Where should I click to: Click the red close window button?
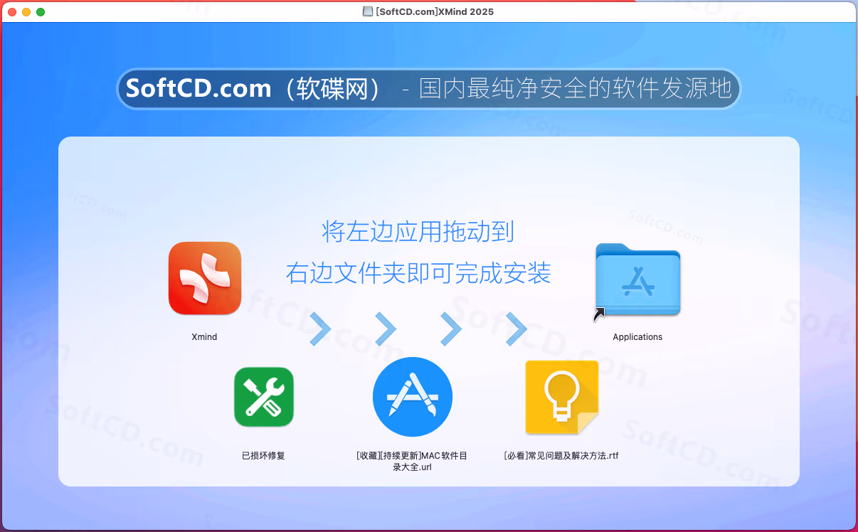[x=12, y=12]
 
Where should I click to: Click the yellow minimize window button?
[x=26, y=12]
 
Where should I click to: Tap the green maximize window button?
[x=41, y=12]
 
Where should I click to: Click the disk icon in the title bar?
[x=368, y=11]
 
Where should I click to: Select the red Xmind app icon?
[x=205, y=278]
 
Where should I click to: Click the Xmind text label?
[x=204, y=336]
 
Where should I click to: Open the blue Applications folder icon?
[x=637, y=280]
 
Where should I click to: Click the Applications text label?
[x=637, y=336]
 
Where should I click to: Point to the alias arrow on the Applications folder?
[x=599, y=314]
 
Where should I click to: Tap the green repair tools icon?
[x=264, y=397]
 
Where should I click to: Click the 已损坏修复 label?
[x=263, y=455]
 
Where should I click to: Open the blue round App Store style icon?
[x=413, y=397]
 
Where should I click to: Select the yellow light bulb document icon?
[x=562, y=397]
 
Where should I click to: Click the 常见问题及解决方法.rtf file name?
[x=561, y=455]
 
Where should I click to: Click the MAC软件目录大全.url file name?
[x=412, y=461]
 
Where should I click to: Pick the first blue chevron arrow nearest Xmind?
[x=320, y=329]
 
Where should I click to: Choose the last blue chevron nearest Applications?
[x=517, y=329]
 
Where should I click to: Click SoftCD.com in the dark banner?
[x=198, y=88]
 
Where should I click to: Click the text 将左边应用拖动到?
[x=418, y=231]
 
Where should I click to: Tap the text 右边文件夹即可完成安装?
[x=418, y=273]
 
